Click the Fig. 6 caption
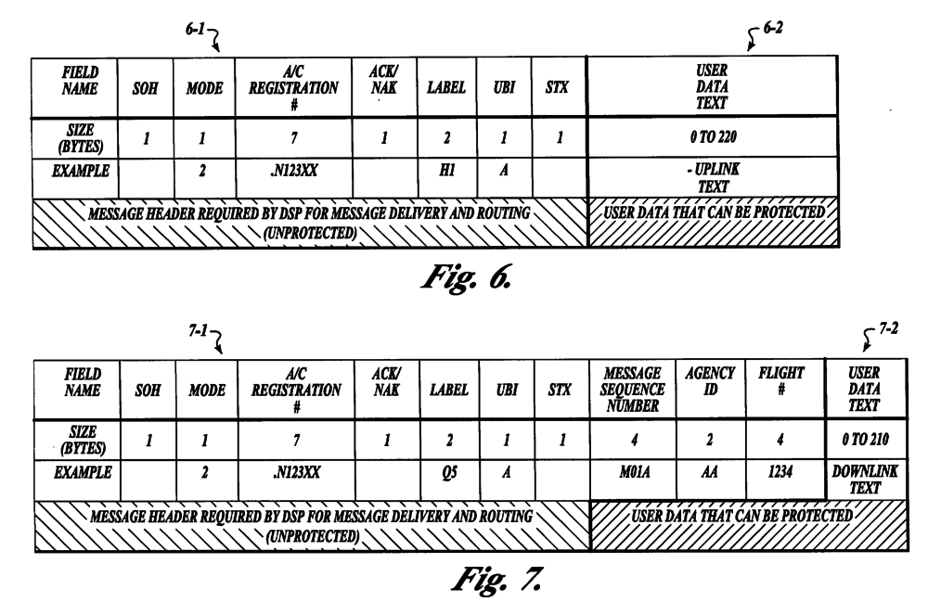tap(463, 272)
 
